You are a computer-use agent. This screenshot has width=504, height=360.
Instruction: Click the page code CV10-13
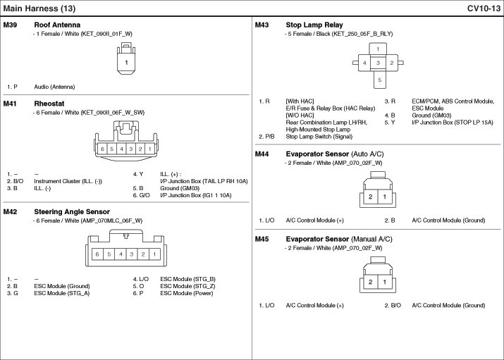[483, 8]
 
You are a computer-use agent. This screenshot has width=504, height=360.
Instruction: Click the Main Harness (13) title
[39, 8]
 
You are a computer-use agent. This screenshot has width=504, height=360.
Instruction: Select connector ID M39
[11, 25]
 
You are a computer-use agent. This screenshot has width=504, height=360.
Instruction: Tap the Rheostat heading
[49, 104]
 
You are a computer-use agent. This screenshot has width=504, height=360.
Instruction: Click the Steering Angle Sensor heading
[72, 211]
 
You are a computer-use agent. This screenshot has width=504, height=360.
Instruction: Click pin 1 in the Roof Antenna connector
[126, 63]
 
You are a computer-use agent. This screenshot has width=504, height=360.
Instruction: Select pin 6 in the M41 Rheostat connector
[102, 149]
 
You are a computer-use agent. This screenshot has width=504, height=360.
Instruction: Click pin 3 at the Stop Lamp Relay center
[378, 63]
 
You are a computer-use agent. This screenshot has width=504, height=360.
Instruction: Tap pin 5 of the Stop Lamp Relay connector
[378, 80]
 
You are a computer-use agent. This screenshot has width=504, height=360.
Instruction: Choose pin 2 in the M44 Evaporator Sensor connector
[370, 197]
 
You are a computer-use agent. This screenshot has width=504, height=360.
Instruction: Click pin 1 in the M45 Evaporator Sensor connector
[385, 283]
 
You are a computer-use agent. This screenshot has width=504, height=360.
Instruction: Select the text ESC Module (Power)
[187, 293]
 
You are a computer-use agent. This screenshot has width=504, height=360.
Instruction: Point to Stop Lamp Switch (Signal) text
[319, 137]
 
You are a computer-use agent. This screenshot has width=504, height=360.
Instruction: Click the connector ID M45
[262, 239]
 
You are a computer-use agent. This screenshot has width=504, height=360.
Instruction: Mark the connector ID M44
[262, 154]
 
